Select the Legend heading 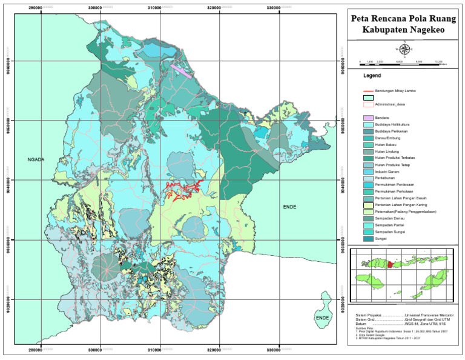pyautogui.click(x=372, y=77)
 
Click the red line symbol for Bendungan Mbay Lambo pyautogui.click(x=367, y=90)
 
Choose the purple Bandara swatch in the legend pyautogui.click(x=367, y=117)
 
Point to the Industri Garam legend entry pyautogui.click(x=389, y=173)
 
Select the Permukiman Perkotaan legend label pyautogui.click(x=395, y=191)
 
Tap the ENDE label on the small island pyautogui.click(x=322, y=318)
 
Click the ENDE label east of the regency pyautogui.click(x=291, y=207)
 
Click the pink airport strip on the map pyautogui.click(x=180, y=71)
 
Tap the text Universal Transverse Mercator pyautogui.click(x=432, y=316)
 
